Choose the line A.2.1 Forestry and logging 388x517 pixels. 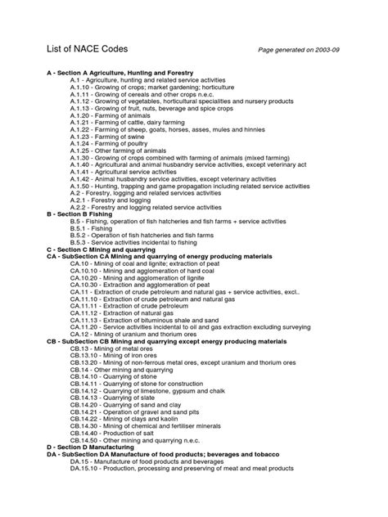[x=112, y=200]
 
